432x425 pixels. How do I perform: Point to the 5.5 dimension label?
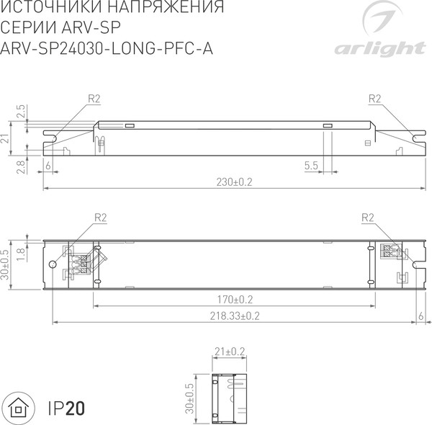coord(311,166)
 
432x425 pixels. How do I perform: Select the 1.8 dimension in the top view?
coord(21,254)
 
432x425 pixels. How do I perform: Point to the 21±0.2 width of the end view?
coord(230,351)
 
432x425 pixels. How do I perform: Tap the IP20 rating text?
coord(66,408)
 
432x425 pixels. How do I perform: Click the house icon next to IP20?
coord(22,408)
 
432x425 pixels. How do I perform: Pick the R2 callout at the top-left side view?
coord(94,98)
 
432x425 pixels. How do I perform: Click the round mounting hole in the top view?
coord(53,264)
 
